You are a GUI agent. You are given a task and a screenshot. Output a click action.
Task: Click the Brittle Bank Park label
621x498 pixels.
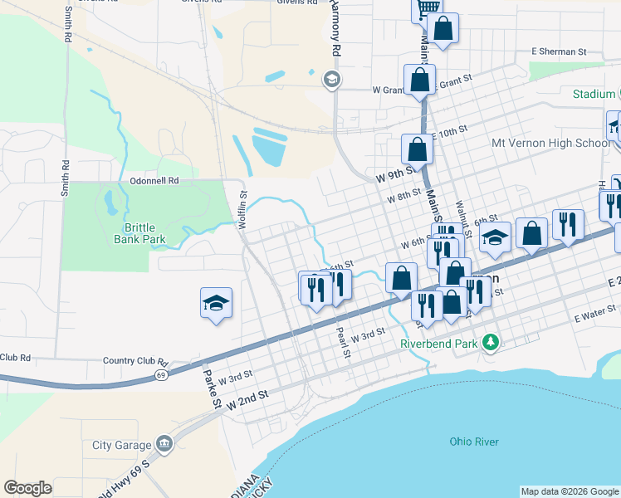[x=139, y=233]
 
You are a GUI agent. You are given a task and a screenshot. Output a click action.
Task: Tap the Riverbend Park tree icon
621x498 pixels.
[x=491, y=341]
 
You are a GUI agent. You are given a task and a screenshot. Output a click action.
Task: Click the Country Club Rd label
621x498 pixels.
[x=135, y=362]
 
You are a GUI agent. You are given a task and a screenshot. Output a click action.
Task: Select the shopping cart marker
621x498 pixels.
[x=427, y=9]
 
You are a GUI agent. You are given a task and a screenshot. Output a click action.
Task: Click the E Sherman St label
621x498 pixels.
[x=559, y=51]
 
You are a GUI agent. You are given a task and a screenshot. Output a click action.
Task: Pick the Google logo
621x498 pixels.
[x=27, y=487]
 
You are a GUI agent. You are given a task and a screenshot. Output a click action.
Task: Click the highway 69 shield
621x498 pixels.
[x=160, y=376]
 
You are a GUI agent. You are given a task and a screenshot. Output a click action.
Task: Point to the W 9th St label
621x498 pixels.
[x=394, y=177]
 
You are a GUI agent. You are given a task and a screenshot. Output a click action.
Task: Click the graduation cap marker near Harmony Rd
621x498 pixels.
[x=331, y=80]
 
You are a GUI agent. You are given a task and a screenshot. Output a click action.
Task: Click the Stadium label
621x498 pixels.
[x=593, y=94]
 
